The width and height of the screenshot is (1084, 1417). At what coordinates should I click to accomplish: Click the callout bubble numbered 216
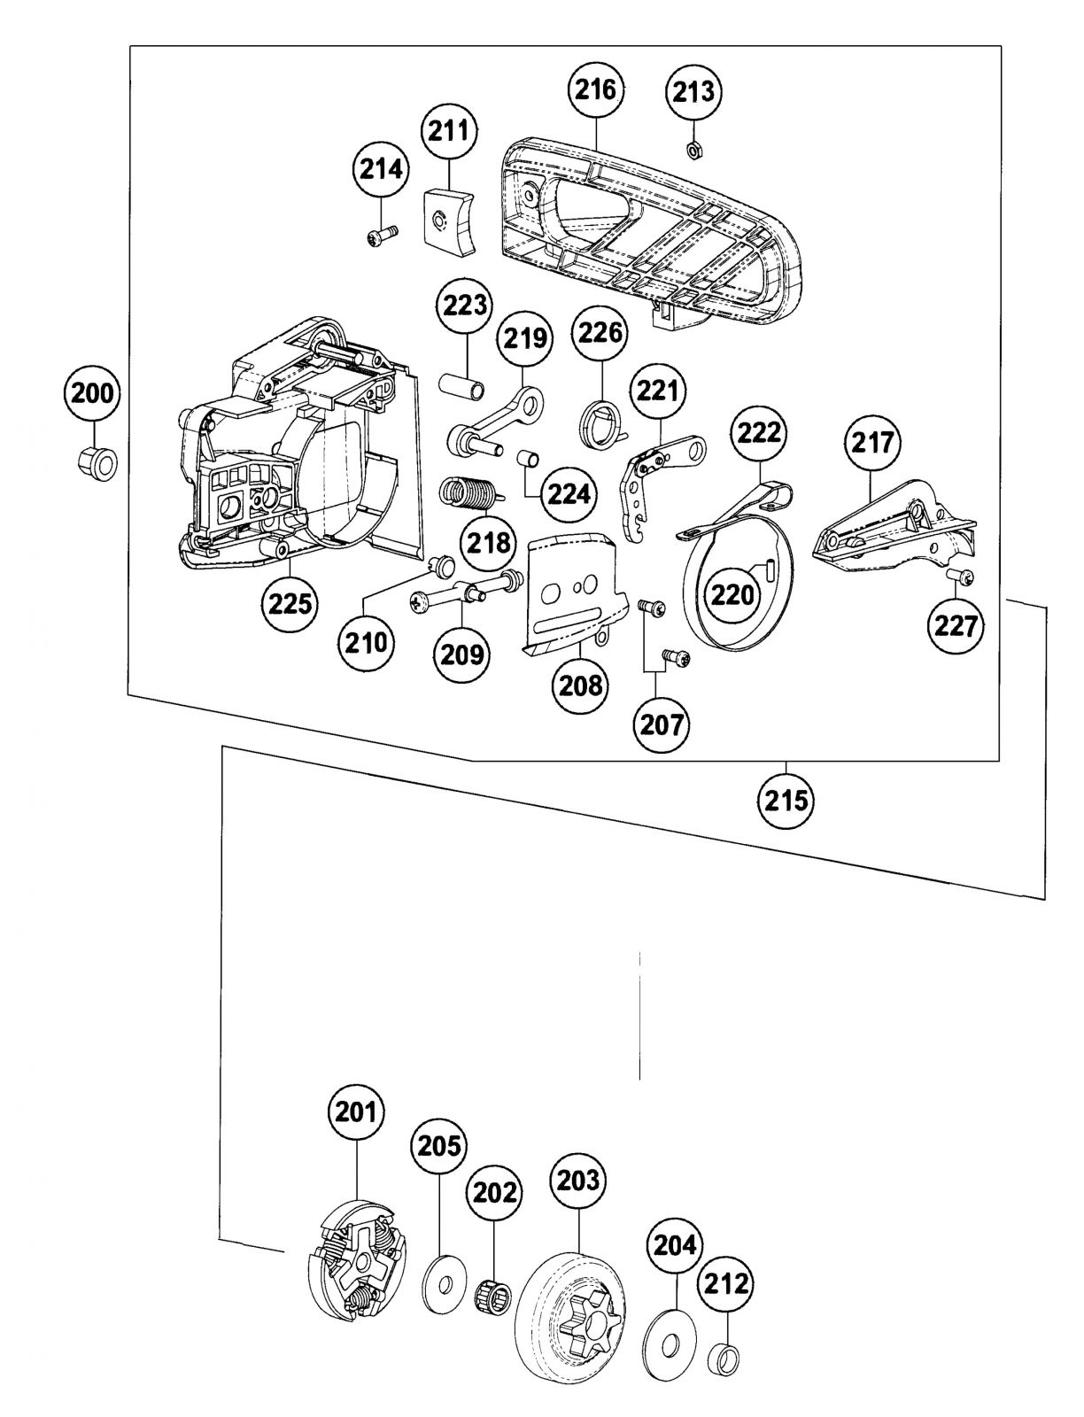pyautogui.click(x=597, y=89)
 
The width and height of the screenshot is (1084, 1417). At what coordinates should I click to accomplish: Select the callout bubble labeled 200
pyautogui.click(x=93, y=394)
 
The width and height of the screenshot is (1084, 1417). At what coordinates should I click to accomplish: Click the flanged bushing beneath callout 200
pyautogui.click(x=94, y=461)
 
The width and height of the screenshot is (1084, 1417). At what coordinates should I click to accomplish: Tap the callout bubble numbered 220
pyautogui.click(x=733, y=594)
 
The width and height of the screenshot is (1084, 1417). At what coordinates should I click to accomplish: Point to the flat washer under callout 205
pyautogui.click(x=441, y=1277)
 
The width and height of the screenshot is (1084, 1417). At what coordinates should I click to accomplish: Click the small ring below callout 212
pyautogui.click(x=725, y=1356)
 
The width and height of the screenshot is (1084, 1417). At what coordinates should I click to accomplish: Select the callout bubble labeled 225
pyautogui.click(x=290, y=604)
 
